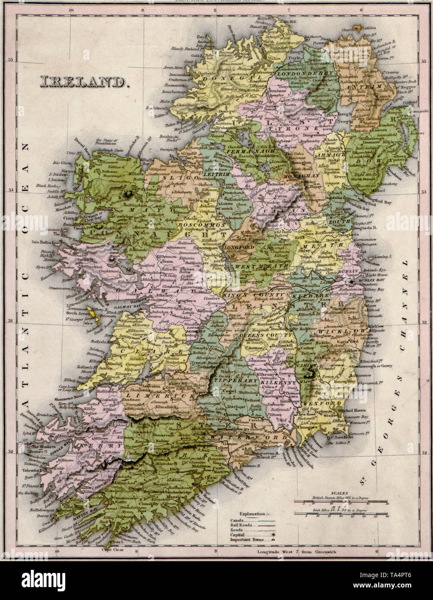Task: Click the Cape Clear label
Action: click(x=110, y=550)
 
